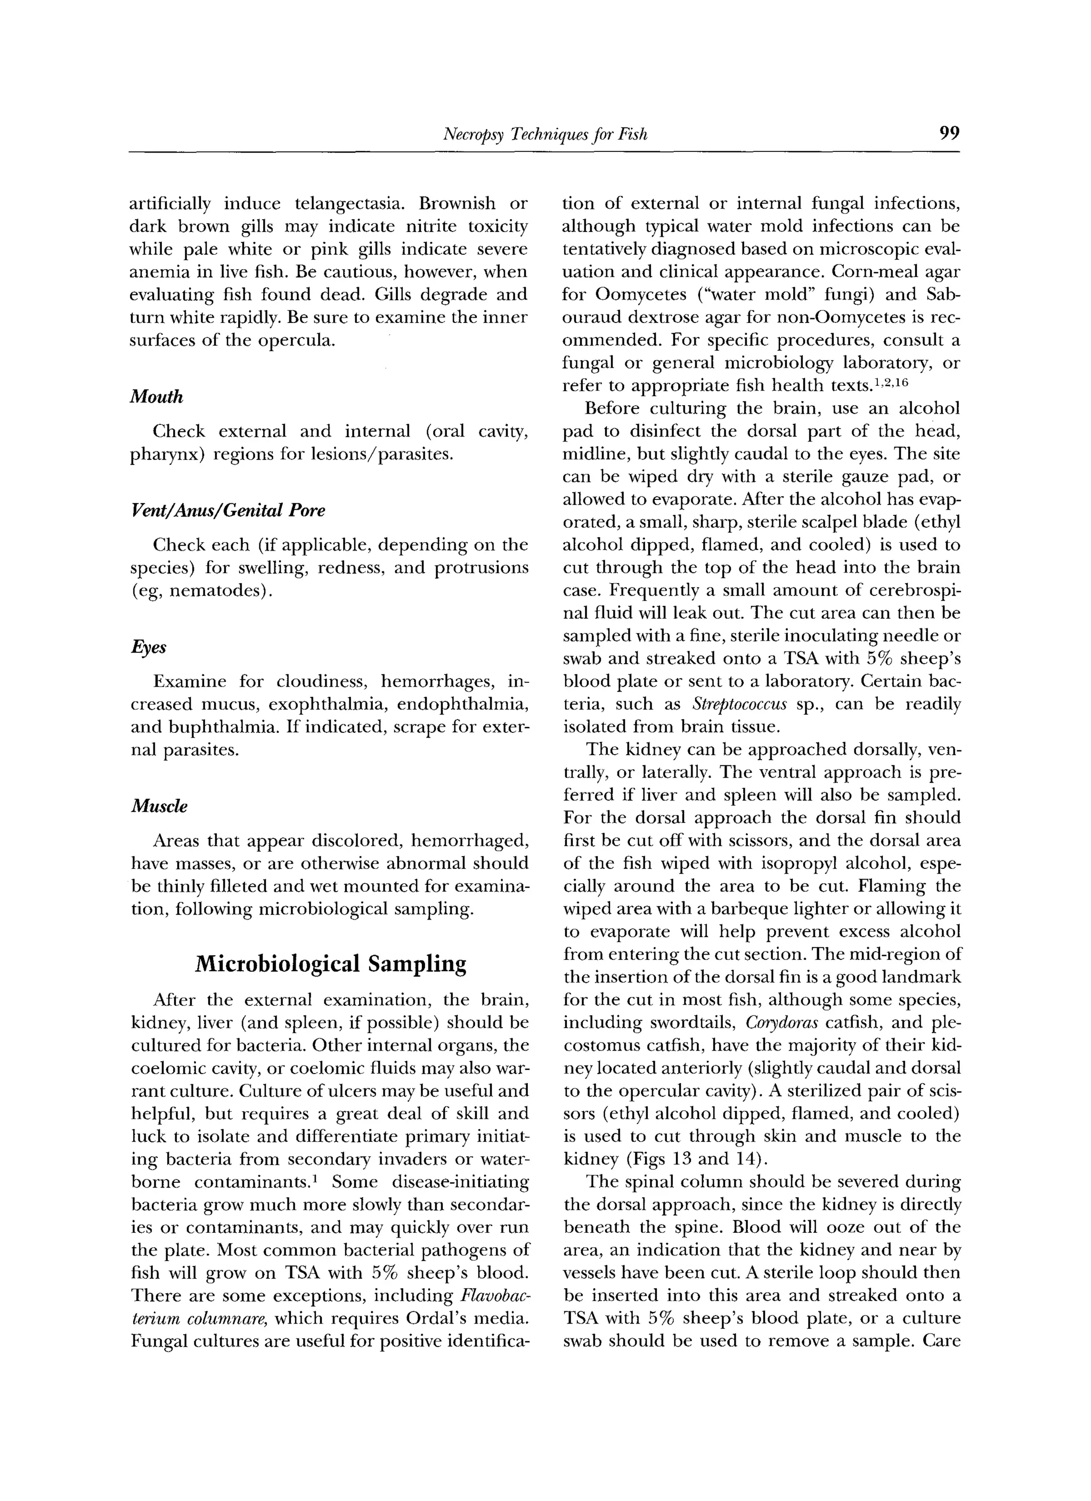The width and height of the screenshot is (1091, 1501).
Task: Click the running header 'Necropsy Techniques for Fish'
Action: (x=544, y=135)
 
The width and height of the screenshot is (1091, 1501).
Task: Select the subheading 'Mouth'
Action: (x=156, y=397)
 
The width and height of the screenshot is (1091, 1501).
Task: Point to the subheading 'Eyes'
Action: (x=148, y=647)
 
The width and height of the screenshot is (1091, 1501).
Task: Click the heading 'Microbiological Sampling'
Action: (x=330, y=964)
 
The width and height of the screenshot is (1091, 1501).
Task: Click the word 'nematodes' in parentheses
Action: (x=216, y=591)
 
